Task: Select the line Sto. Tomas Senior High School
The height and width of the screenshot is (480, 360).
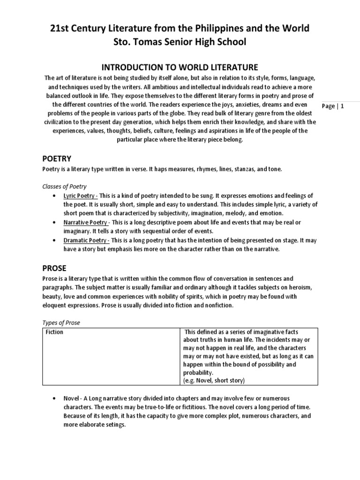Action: point(180,42)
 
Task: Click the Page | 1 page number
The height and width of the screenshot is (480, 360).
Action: point(334,106)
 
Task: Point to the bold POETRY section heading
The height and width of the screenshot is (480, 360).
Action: point(57,159)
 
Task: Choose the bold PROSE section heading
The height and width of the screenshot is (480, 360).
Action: point(54,268)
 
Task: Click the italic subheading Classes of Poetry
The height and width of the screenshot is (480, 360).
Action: point(64,187)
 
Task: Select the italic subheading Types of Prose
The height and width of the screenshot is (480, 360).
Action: point(61,323)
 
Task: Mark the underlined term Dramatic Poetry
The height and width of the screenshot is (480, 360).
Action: point(86,240)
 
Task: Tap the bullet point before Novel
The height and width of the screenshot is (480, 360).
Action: point(56,398)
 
